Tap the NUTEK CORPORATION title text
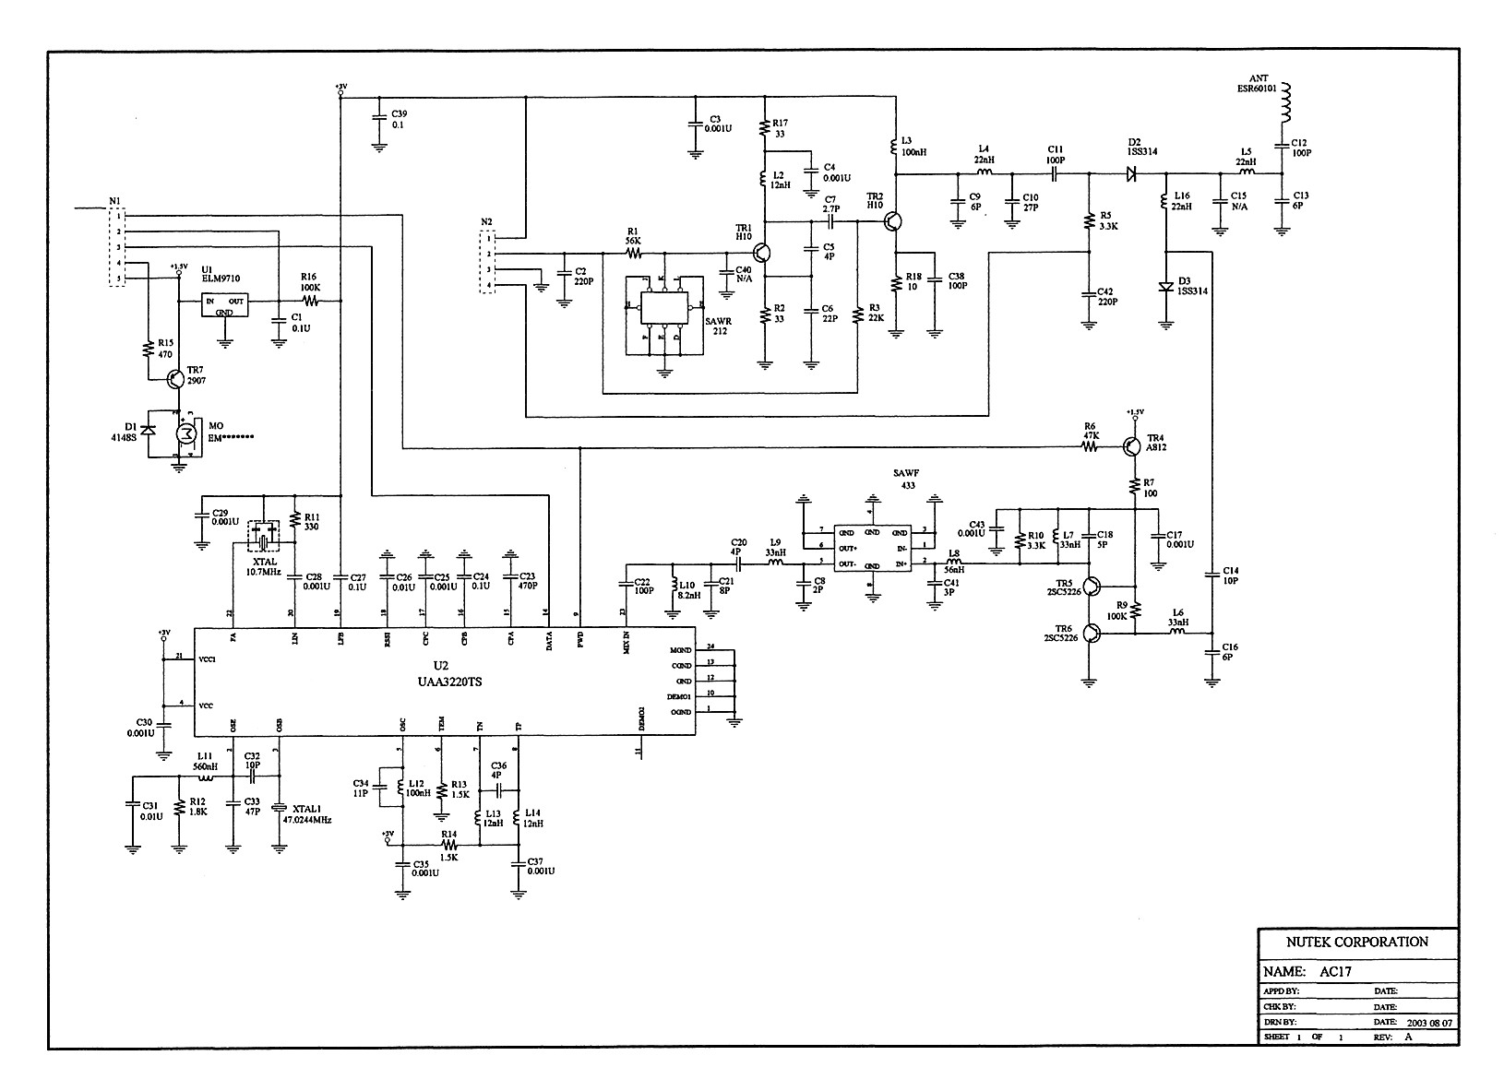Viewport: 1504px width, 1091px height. pos(1356,942)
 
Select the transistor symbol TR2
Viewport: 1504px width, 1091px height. pos(892,221)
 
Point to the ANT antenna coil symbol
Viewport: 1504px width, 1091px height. pos(1285,103)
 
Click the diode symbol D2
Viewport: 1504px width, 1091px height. pos(1132,172)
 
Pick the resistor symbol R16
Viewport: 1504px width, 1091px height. pos(310,301)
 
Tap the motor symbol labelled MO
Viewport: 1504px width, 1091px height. pos(186,433)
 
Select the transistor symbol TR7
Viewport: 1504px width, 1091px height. pos(175,378)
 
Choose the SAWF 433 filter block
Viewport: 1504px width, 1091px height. pos(872,548)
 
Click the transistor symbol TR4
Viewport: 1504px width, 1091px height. pos(1132,446)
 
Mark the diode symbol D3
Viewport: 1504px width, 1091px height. pos(1166,287)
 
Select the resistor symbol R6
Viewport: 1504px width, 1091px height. pos(1090,446)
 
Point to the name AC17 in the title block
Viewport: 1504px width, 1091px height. pos(1332,971)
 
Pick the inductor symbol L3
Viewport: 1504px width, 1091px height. pos(895,146)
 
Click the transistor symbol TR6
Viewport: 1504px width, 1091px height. pos(1092,633)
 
